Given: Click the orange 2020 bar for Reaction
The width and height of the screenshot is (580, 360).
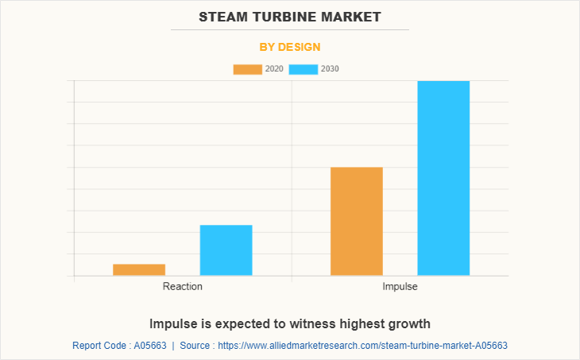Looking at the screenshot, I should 139,269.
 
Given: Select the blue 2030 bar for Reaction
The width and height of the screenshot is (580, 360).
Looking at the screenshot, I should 226,250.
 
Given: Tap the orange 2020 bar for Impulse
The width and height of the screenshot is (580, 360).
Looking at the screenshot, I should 357,221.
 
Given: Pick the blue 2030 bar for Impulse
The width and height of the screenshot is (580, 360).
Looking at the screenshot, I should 443,178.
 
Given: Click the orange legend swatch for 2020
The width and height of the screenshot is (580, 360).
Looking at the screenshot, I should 247,69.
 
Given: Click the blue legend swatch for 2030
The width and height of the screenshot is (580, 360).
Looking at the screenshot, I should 304,69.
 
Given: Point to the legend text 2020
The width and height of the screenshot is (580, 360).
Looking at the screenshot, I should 274,69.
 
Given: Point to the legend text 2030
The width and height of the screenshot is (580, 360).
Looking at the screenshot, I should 330,69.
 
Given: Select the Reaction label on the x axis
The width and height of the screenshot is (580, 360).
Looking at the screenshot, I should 183,286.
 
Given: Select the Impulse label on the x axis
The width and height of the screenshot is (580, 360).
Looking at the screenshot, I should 400,286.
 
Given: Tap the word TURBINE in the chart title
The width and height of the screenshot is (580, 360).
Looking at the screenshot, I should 288,16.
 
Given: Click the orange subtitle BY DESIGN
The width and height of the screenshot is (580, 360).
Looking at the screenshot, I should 290,47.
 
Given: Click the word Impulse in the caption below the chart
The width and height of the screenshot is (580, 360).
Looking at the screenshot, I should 171,324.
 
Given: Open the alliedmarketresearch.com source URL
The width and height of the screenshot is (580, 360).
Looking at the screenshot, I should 362,346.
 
